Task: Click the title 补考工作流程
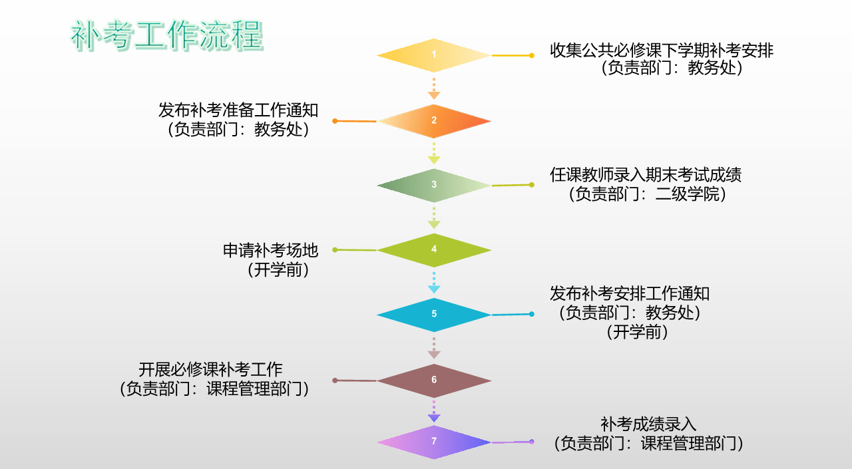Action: click(167, 36)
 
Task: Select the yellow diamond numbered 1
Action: click(434, 55)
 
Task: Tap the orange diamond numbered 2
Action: click(434, 120)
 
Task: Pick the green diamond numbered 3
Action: click(434, 185)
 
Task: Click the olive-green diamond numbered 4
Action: click(434, 249)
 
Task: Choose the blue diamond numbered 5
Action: click(434, 314)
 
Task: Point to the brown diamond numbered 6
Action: click(434, 380)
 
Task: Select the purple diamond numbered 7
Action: click(434, 442)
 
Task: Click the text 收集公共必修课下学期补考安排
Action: click(662, 51)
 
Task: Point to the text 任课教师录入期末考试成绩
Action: click(646, 175)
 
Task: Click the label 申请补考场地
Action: click(270, 251)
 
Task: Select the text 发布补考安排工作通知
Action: click(630, 293)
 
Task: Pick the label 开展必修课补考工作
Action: click(210, 370)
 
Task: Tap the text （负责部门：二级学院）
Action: click(646, 195)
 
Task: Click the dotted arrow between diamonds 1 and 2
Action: click(434, 88)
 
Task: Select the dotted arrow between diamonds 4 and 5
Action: click(434, 282)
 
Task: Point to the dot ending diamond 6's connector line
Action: click(335, 381)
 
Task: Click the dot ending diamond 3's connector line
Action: click(531, 184)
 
